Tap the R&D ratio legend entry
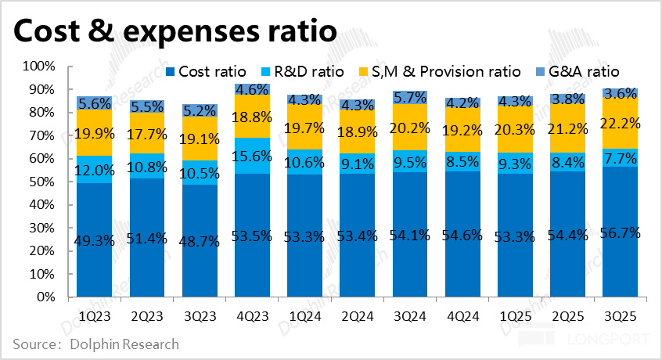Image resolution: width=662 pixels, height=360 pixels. (310, 72)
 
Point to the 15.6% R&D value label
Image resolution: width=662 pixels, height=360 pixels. (252, 157)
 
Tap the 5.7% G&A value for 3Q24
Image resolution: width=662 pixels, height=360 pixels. (411, 97)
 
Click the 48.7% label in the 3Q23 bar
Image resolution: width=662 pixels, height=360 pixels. (200, 241)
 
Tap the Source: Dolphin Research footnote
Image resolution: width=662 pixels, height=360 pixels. (95, 344)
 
